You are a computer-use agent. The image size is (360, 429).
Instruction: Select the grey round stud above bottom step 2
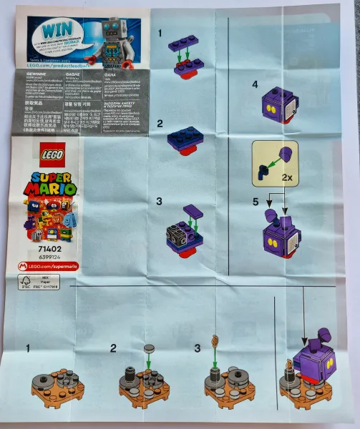[x=150, y=349]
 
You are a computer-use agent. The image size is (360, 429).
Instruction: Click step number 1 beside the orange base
[x=29, y=348]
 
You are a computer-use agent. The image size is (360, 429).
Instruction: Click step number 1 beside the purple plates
[x=160, y=33]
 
